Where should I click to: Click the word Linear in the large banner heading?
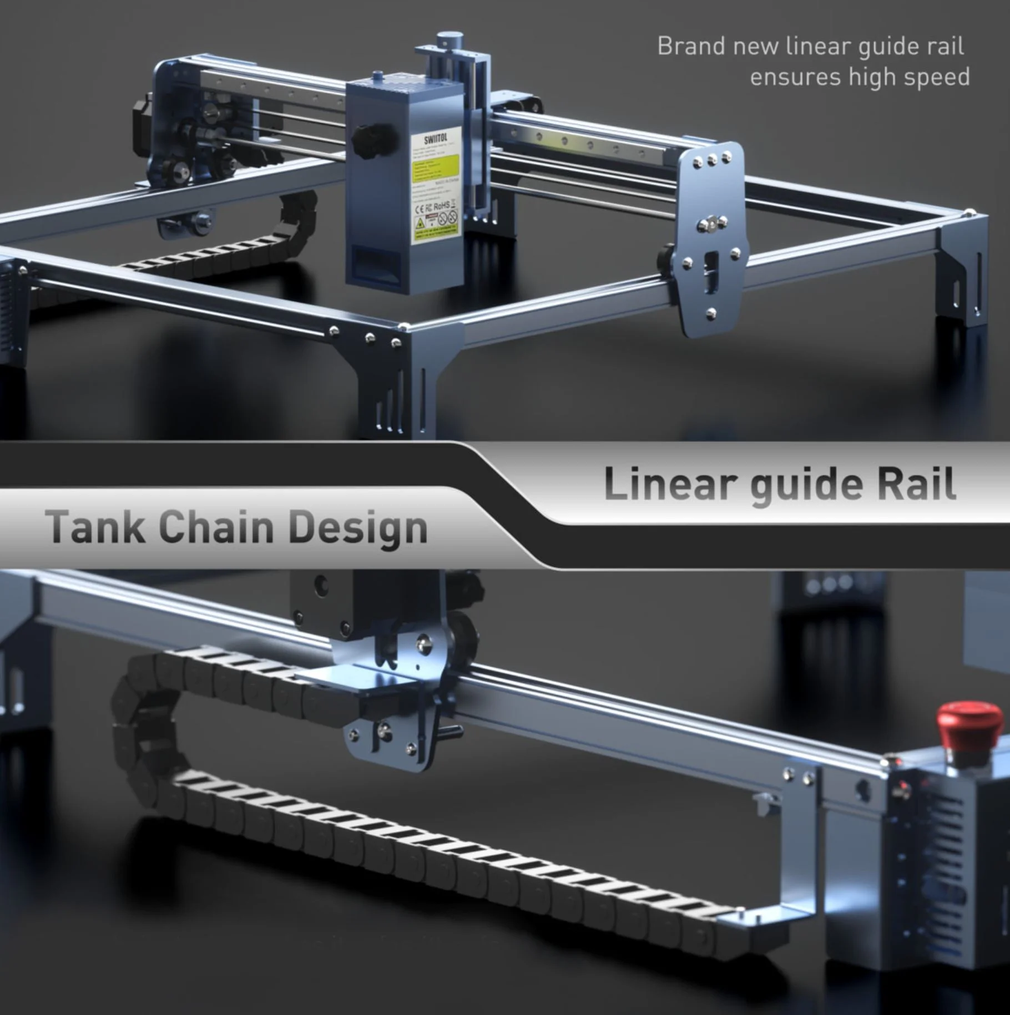pyautogui.click(x=670, y=484)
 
